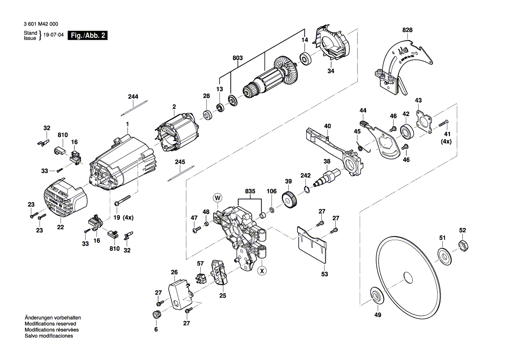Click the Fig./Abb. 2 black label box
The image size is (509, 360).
click(88, 35)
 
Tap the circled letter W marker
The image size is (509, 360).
click(218, 197)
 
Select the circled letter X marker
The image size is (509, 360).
click(262, 270)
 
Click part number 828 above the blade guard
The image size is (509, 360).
click(408, 30)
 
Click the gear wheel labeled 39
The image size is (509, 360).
click(289, 200)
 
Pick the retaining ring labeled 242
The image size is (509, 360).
click(307, 190)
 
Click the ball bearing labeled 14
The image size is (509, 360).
click(306, 58)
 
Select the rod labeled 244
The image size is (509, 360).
click(134, 107)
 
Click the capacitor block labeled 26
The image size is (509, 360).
click(179, 294)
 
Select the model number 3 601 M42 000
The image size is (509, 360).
click(41, 24)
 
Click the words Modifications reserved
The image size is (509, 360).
click(51, 324)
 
